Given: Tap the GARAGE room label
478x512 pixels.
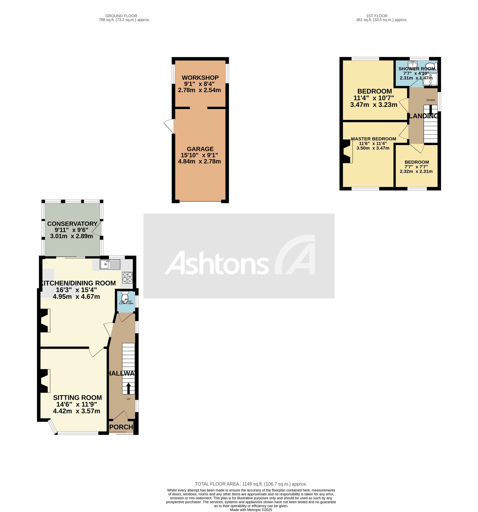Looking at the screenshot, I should click(200, 149).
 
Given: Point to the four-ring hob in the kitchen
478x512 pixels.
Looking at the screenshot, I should click(127, 277).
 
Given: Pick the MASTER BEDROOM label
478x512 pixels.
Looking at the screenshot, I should click(373, 139).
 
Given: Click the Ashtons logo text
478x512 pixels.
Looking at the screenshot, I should click(216, 263).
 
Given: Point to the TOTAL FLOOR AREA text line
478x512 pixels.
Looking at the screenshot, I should click(251, 484).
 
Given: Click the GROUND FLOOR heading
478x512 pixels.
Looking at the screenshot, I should click(121, 16).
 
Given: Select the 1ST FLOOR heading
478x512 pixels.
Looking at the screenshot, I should click(377, 16).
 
